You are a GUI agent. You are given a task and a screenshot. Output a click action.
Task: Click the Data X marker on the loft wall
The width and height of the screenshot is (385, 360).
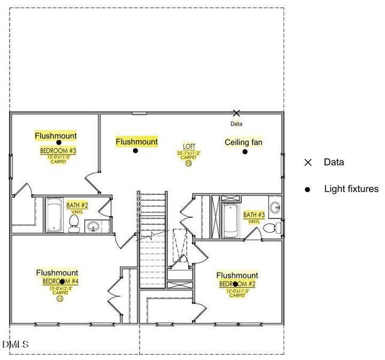pyautogui.click(x=236, y=113)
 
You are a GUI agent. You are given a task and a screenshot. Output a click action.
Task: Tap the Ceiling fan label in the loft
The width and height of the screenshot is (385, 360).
pyautogui.click(x=243, y=142)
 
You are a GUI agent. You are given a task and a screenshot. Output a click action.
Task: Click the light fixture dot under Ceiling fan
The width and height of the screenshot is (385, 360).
pyautogui.click(x=245, y=151)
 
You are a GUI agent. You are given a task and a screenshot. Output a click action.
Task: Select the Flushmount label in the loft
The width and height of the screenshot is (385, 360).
pyautogui.click(x=137, y=142)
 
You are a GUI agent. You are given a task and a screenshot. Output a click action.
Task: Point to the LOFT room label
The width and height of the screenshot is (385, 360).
pyautogui.click(x=188, y=146)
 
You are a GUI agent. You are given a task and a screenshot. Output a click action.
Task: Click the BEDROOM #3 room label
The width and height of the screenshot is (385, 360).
pyautogui.click(x=58, y=151)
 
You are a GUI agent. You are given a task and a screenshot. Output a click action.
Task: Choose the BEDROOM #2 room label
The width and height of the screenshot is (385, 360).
pyautogui.click(x=237, y=284)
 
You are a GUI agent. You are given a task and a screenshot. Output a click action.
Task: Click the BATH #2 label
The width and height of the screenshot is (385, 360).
pyautogui.click(x=77, y=205)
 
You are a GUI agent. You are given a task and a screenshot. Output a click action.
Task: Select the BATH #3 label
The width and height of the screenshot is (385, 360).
pyautogui.click(x=254, y=215)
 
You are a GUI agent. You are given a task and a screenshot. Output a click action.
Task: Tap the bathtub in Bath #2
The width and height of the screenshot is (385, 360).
pyautogui.click(x=53, y=215)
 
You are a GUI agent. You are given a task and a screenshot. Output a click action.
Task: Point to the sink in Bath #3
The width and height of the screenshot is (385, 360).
pyautogui.click(x=275, y=209)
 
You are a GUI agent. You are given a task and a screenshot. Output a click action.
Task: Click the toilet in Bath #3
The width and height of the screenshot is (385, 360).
pyautogui.click(x=271, y=227)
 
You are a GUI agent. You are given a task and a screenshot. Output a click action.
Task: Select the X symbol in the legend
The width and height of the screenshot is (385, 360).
pyautogui.click(x=308, y=162)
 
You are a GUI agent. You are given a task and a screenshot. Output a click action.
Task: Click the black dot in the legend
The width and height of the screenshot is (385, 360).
pyautogui.click(x=308, y=189)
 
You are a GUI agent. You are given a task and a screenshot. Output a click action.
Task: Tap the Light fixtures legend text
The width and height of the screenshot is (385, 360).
pyautogui.click(x=351, y=189)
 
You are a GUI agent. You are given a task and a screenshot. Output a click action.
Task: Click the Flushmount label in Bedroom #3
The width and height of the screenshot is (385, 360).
pyautogui.click(x=56, y=136)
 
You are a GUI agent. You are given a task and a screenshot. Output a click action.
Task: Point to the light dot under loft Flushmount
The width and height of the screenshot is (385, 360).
pyautogui.click(x=136, y=151)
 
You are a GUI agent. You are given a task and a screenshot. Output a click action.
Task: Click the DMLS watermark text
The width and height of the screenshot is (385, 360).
pyautogui.click(x=16, y=344)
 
